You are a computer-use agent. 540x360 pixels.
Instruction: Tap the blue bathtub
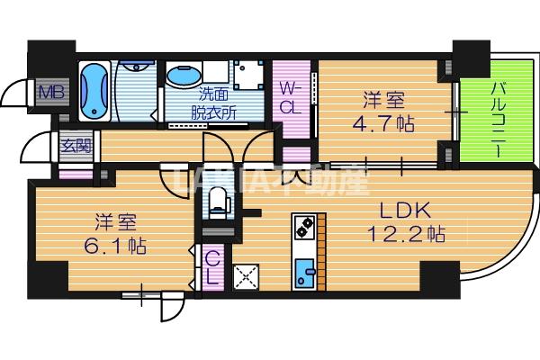[94, 91]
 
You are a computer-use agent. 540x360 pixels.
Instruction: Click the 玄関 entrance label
[75, 143]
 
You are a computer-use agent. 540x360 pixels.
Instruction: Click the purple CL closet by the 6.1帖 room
[211, 267]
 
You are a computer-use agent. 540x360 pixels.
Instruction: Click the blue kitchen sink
[302, 272]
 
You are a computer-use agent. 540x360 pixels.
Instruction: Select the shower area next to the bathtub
[136, 91]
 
